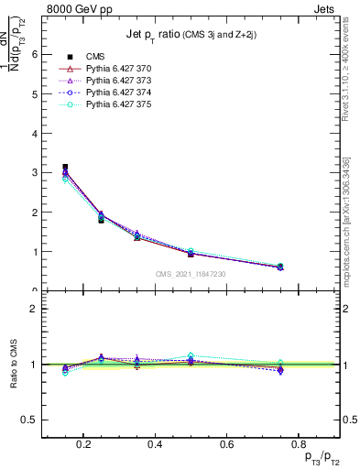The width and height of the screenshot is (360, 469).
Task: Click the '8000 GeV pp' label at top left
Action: point(78,9)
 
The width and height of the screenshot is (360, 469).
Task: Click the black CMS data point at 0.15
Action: point(65,168)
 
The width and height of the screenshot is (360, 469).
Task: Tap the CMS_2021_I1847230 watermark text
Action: point(191,274)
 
